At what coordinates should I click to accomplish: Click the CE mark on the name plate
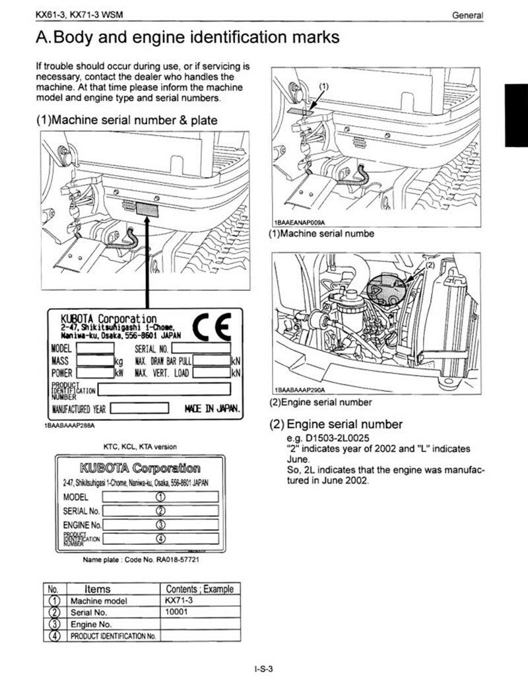[212, 325]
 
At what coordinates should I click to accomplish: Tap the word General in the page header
[468, 15]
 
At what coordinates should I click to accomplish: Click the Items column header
[98, 589]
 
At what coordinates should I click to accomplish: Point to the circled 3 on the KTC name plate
[160, 524]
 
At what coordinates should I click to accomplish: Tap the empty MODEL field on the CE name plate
[95, 348]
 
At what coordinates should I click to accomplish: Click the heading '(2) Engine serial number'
[335, 424]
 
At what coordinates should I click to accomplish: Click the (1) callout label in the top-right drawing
[323, 86]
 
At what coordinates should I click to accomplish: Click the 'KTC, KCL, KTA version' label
[140, 447]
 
